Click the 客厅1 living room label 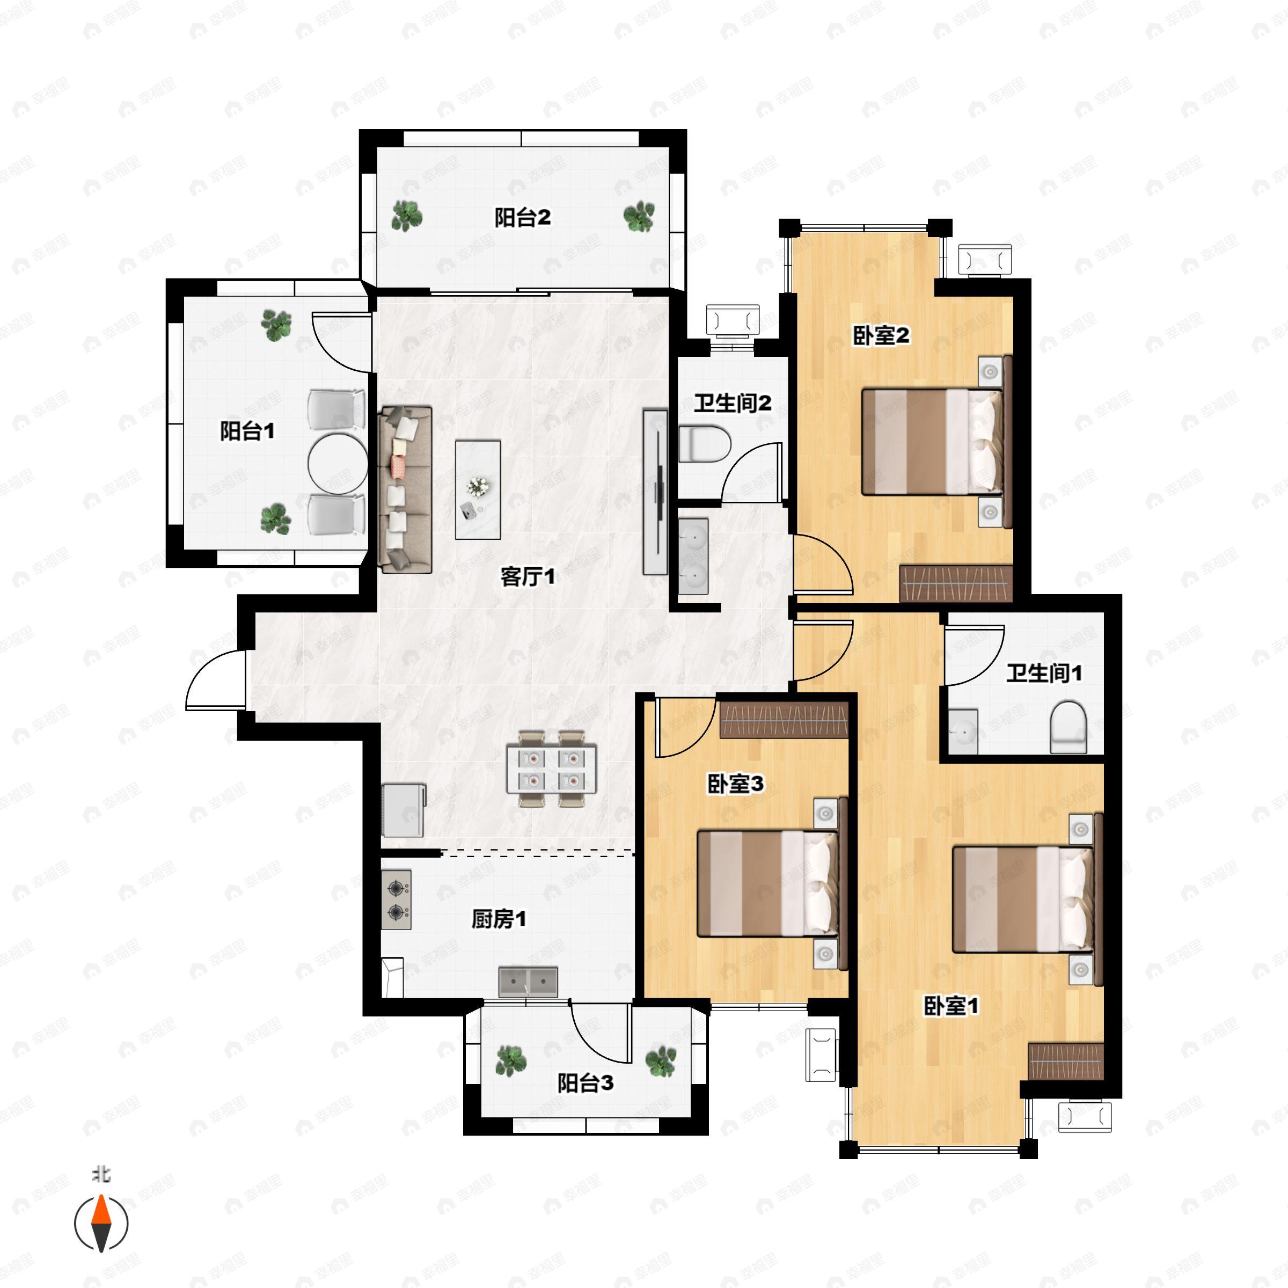528,577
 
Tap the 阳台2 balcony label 523,217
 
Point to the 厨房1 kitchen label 499,919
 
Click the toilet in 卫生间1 1068,727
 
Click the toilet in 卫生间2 705,444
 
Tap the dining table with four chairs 551,769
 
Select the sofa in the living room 405,490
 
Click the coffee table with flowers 478,489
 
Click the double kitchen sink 528,983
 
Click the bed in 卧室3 767,883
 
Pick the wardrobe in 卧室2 956,583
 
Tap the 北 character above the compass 101,1174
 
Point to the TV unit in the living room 655,492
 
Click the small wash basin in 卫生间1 963,732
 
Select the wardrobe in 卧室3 784,721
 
